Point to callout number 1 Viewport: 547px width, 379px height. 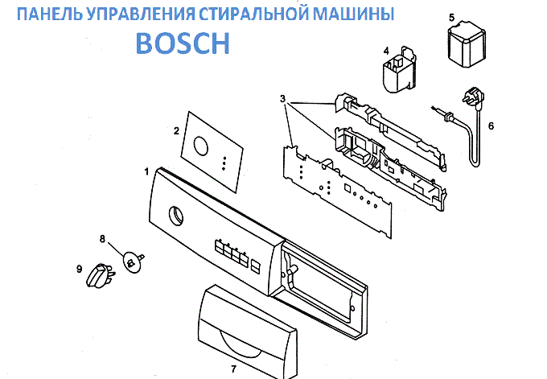click(x=146, y=171)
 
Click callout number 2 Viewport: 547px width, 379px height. click(x=175, y=129)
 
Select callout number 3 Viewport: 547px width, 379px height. click(x=282, y=98)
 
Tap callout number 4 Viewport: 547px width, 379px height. click(x=386, y=50)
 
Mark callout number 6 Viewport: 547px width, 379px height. click(x=491, y=125)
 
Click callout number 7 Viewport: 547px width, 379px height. click(x=233, y=369)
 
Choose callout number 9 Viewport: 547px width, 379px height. click(x=79, y=268)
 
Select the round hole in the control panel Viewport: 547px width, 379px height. click(x=175, y=215)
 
